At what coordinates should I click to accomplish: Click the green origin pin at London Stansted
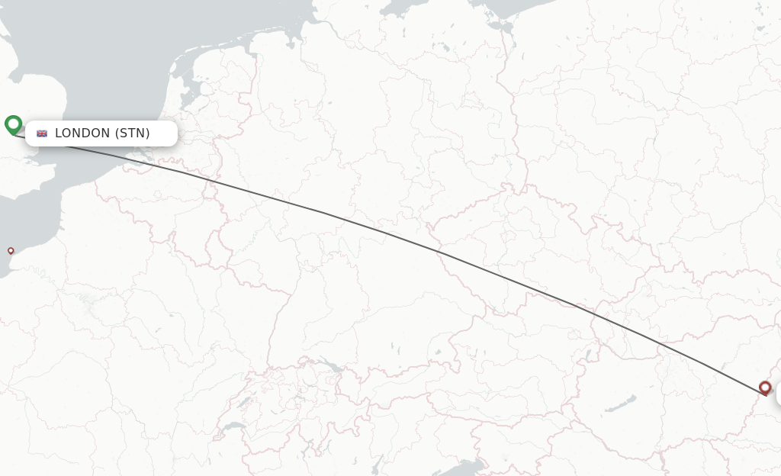click(x=13, y=124)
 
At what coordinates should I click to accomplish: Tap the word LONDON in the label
click(x=82, y=133)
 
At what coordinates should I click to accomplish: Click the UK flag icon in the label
click(x=42, y=133)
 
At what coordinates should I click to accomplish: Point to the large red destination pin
click(x=765, y=388)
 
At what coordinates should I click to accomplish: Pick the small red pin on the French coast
click(x=11, y=250)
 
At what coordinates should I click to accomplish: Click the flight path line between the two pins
click(x=381, y=231)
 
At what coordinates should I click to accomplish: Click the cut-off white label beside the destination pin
click(x=778, y=394)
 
